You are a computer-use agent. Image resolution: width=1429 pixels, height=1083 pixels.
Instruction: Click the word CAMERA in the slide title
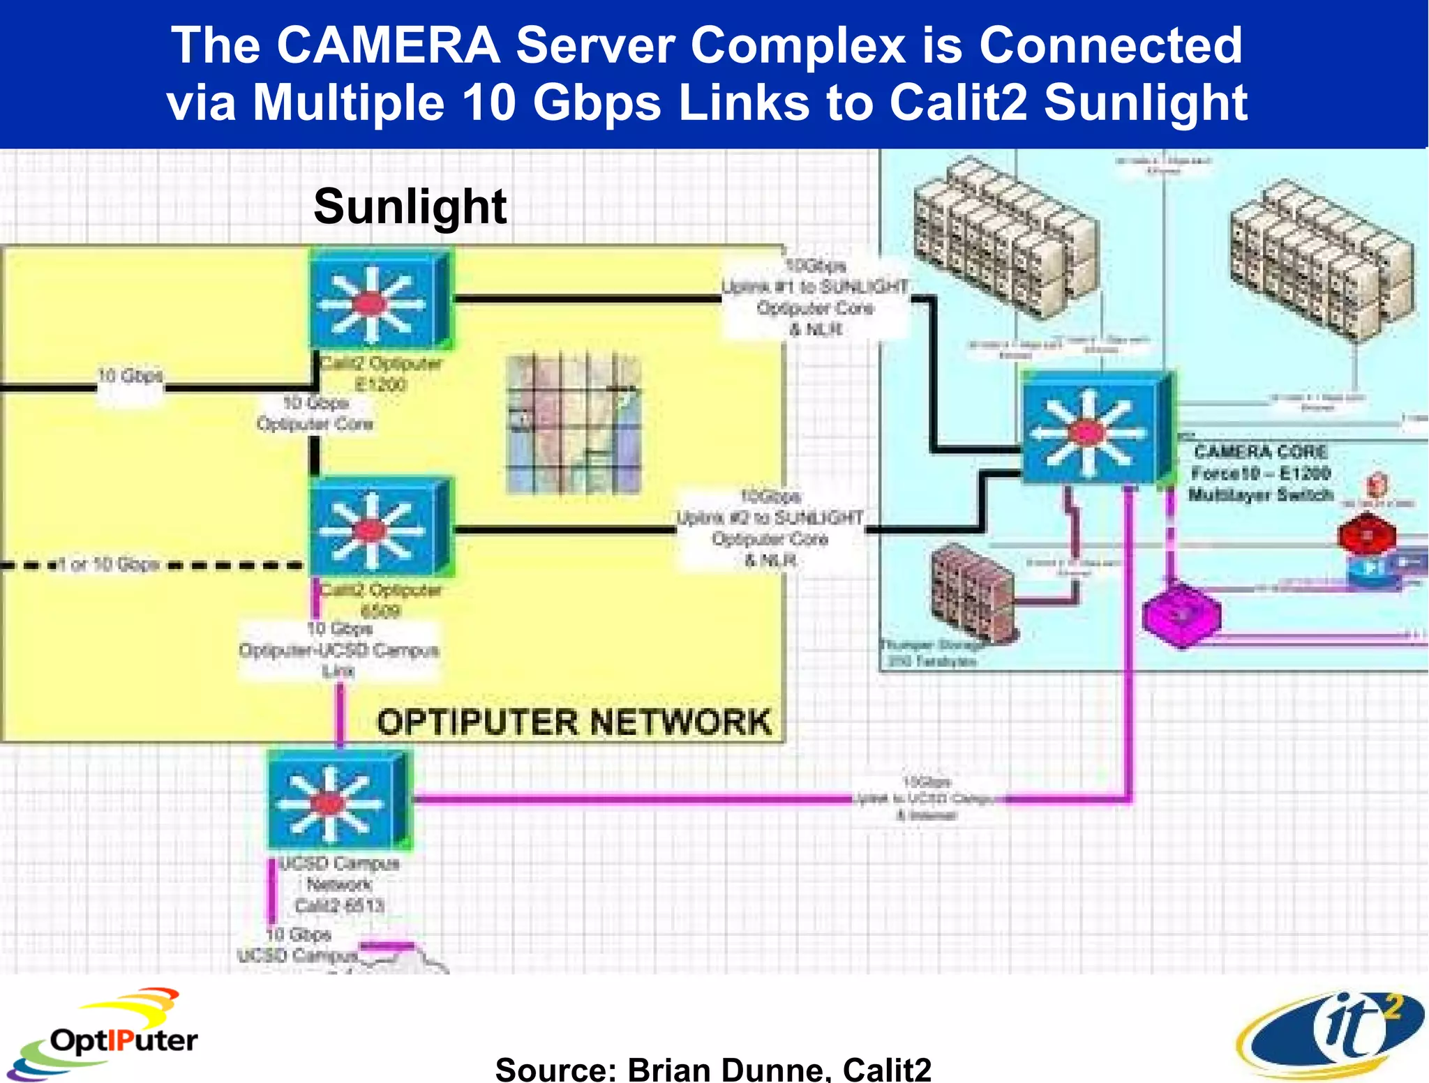388,45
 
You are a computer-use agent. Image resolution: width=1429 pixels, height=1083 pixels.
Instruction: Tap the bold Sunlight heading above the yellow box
410,206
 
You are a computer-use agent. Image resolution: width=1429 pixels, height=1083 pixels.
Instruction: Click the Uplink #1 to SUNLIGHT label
815,298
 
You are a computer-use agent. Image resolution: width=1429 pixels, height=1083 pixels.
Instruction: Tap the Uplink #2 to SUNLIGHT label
770,528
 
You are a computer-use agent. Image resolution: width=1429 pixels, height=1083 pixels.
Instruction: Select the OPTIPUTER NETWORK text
574,722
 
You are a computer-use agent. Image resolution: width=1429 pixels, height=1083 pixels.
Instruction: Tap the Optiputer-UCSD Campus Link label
338,650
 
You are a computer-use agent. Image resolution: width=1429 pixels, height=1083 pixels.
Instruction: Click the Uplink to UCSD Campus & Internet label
927,798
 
